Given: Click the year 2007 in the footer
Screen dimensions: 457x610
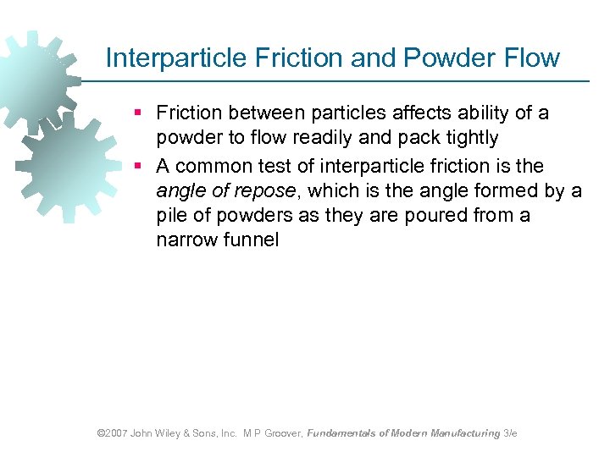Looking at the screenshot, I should click(116, 432).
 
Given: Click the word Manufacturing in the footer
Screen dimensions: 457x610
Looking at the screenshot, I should click(466, 432).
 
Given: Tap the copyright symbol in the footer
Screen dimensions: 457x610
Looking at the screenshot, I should click(101, 432).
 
